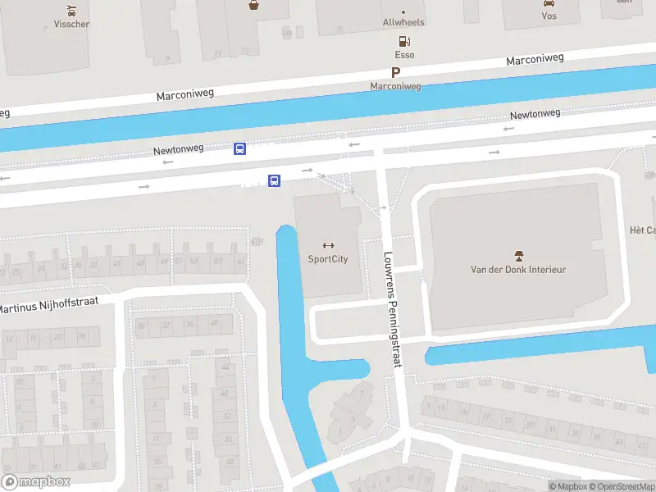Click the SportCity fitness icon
(x=328, y=245)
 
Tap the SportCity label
(x=328, y=259)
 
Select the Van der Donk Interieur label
(x=518, y=269)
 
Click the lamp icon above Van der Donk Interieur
(x=518, y=255)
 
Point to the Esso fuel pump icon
(x=403, y=41)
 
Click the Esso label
(x=404, y=55)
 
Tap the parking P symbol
(x=395, y=72)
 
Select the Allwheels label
(x=403, y=23)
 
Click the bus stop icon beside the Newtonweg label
(x=240, y=148)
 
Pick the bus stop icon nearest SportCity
(x=275, y=180)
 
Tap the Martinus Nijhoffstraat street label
(x=49, y=305)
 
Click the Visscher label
(x=72, y=24)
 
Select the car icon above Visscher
(x=72, y=10)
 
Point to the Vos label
(x=549, y=16)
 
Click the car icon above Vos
(x=549, y=3)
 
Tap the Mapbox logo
(x=36, y=482)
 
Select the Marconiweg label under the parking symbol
(x=395, y=86)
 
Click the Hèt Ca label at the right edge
(x=642, y=230)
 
